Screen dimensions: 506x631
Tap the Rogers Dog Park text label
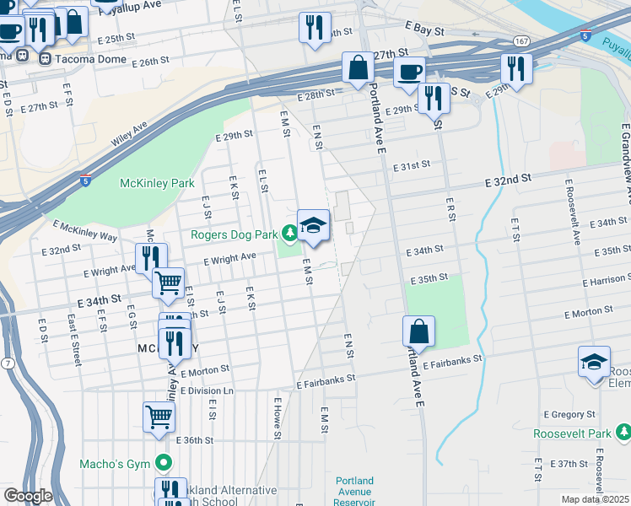tap(235, 234)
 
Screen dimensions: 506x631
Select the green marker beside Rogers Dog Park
tap(289, 231)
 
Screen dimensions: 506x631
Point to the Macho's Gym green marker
tap(164, 463)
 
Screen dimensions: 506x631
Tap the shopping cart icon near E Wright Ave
tap(169, 283)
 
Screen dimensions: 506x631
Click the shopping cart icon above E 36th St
tap(159, 416)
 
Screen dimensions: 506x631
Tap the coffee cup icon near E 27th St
tap(409, 72)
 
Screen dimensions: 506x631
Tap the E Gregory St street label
tap(569, 415)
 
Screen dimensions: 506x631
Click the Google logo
tap(28, 496)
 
